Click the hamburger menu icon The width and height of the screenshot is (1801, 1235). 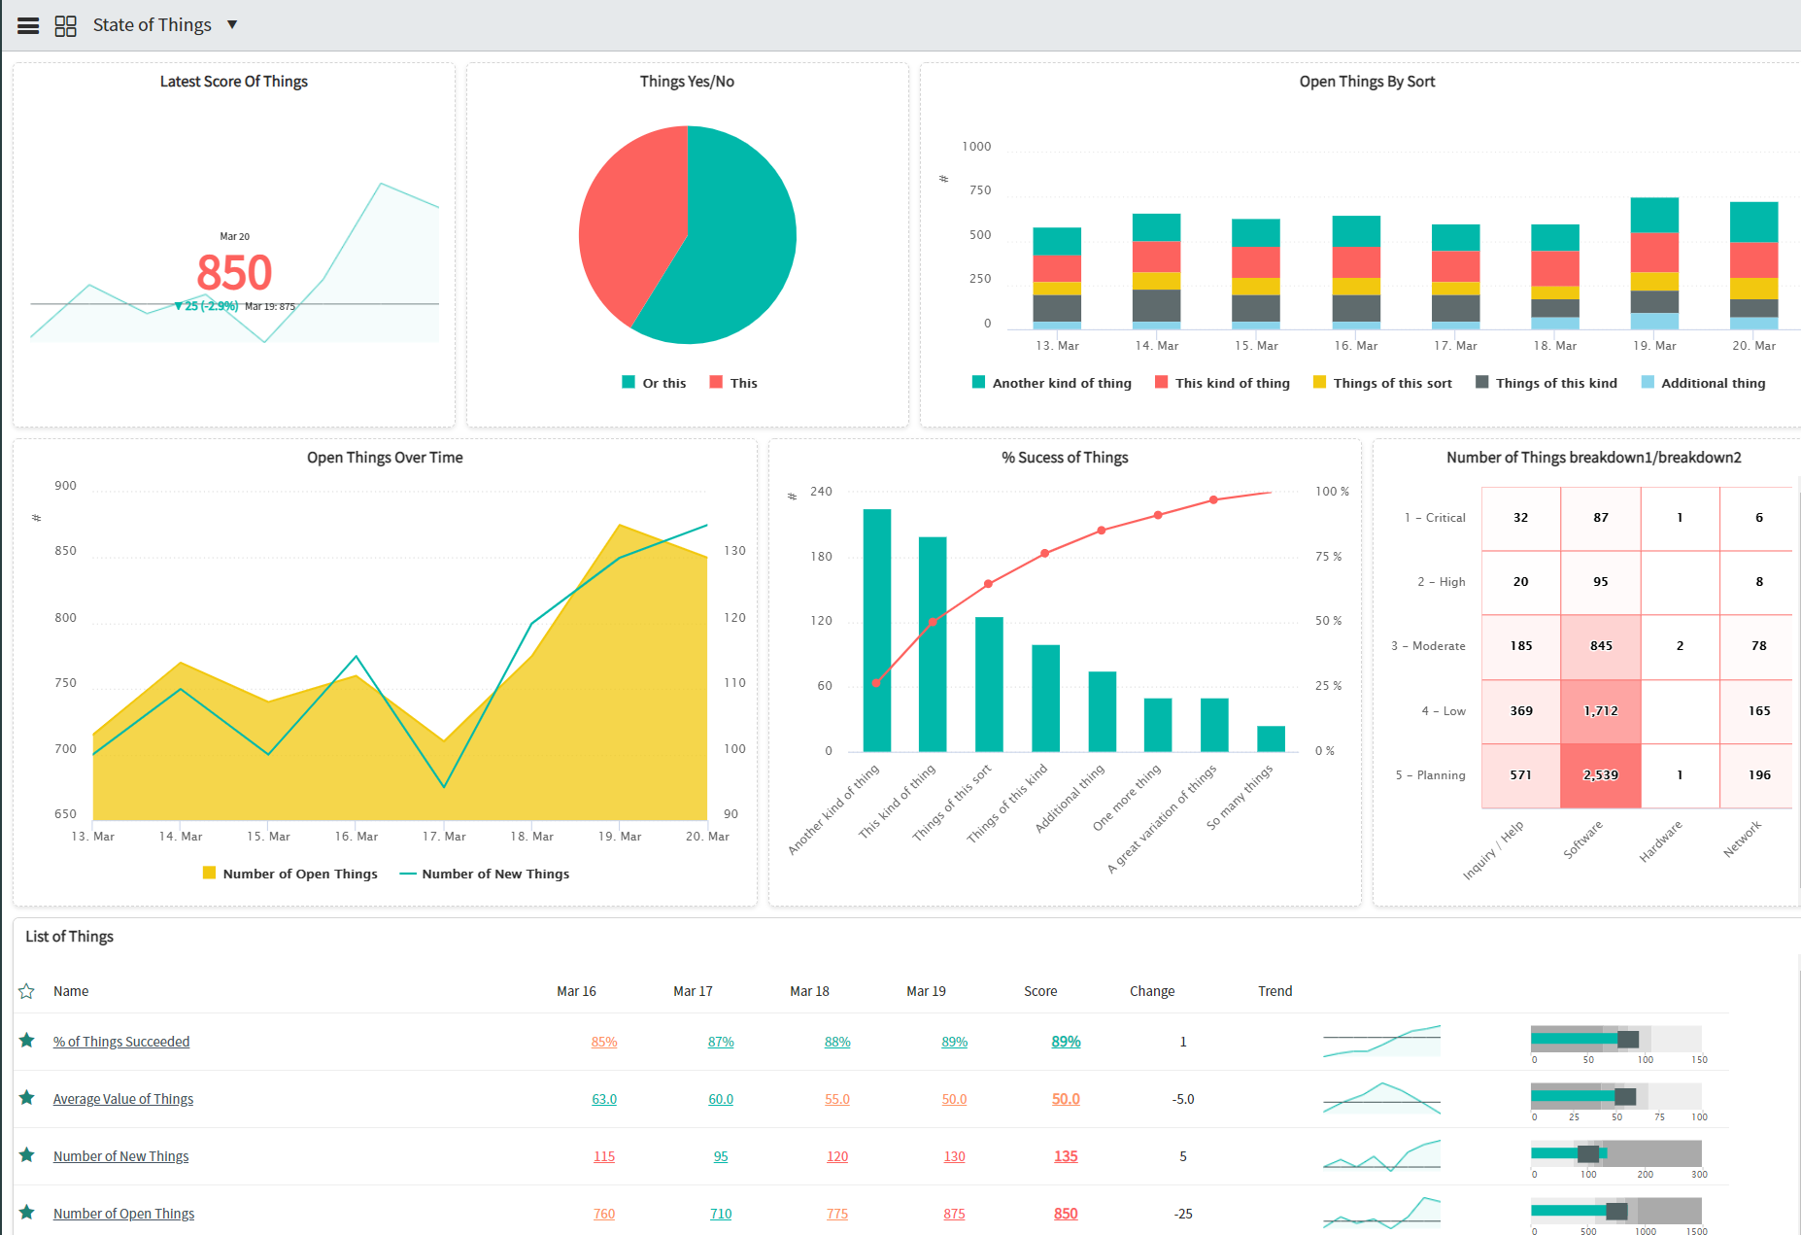pos(28,26)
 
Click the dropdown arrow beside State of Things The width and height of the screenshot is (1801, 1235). pos(232,24)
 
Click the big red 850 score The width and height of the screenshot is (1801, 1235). pos(234,272)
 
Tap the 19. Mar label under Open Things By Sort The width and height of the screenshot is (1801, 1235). pos(1654,346)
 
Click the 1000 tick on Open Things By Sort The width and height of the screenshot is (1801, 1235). pos(976,147)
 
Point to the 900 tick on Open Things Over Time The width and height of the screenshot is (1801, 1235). pos(65,486)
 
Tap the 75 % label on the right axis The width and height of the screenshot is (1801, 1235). pos(1328,557)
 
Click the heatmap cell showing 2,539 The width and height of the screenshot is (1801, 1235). pos(1600,775)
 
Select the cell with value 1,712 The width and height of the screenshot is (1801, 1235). pos(1600,711)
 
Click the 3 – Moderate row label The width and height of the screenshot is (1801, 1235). pos(1428,646)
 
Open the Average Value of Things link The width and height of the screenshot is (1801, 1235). pos(123,1099)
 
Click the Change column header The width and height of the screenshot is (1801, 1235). pos(1152,991)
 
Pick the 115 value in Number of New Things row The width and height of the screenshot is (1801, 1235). pos(604,1156)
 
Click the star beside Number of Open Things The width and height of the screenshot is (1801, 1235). pos(27,1213)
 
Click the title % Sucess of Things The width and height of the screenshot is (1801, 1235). pos(1065,458)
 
